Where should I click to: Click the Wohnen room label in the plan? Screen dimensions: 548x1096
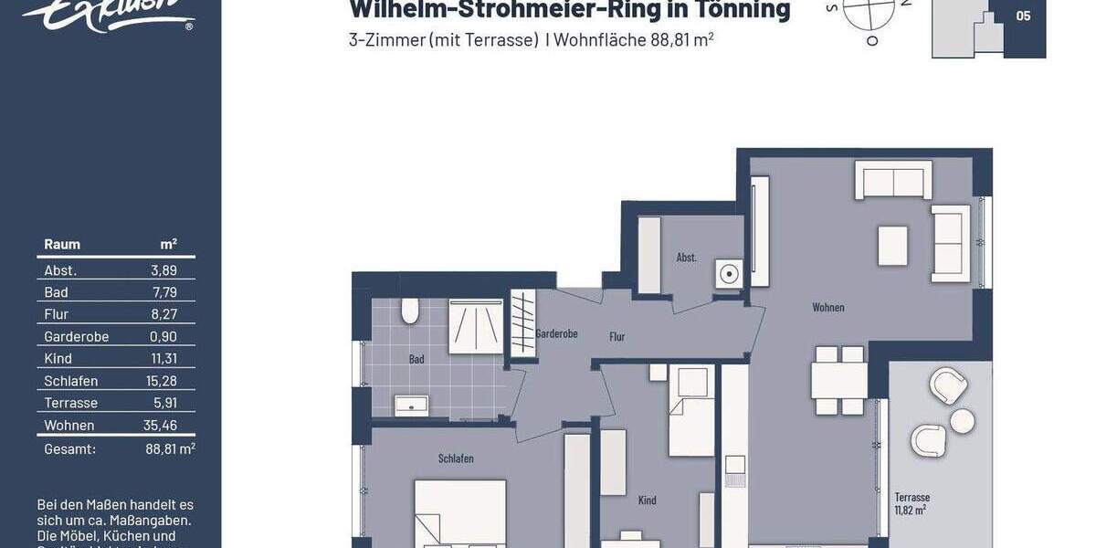click(x=827, y=308)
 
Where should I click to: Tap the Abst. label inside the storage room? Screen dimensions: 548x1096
click(x=686, y=258)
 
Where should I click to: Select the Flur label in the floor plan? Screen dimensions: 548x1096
click(x=617, y=337)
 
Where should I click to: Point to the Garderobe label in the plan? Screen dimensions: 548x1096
click(x=556, y=334)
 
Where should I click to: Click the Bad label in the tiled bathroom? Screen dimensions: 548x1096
click(x=416, y=359)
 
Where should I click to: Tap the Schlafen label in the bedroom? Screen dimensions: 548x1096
click(x=456, y=458)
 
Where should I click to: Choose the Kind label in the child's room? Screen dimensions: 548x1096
click(x=647, y=501)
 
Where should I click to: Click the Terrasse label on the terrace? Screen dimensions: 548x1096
click(x=912, y=498)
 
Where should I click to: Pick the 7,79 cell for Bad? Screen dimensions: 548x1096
click(x=163, y=292)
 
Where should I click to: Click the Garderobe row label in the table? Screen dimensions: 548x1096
click(x=77, y=337)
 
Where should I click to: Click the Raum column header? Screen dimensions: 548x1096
click(x=62, y=244)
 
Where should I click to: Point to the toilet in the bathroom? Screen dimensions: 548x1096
click(x=409, y=312)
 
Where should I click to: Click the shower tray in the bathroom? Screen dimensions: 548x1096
click(x=475, y=327)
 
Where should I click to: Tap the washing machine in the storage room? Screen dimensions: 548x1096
click(x=729, y=273)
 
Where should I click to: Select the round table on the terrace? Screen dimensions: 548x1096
click(x=962, y=421)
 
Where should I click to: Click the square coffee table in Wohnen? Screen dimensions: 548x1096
click(x=892, y=246)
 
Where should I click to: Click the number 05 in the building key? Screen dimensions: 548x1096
click(x=1023, y=16)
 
